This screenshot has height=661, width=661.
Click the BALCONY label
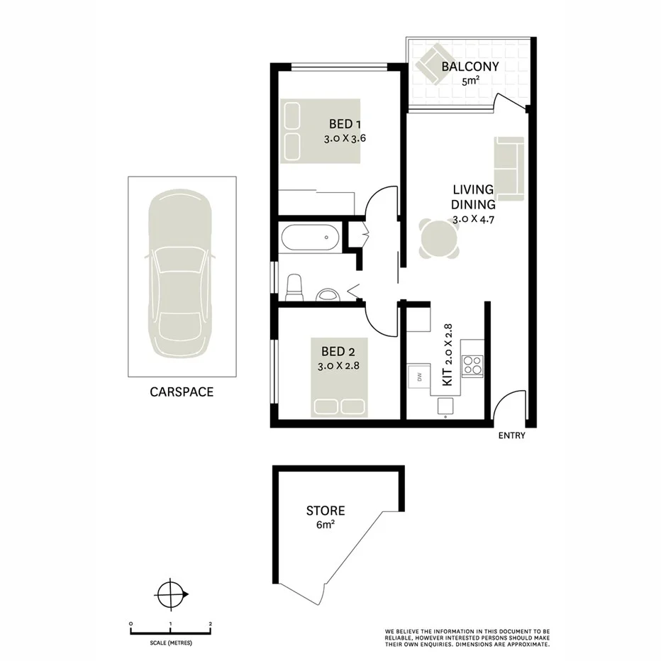[470, 67]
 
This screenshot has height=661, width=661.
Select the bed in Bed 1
[320, 131]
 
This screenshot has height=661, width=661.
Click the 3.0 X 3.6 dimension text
[345, 139]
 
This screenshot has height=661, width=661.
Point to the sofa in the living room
[509, 168]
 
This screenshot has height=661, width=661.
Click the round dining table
[438, 239]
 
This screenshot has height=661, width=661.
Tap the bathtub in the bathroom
[310, 238]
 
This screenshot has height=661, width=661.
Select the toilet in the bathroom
[293, 288]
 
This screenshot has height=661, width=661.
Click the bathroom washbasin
[327, 294]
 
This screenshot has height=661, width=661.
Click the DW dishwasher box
[419, 376]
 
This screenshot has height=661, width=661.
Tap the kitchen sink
[445, 405]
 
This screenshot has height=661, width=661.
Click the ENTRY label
[511, 436]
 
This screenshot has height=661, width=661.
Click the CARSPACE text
[182, 391]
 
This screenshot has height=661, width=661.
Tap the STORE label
[326, 511]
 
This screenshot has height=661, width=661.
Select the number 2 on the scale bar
[211, 624]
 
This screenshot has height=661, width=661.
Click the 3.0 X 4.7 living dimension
[473, 219]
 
